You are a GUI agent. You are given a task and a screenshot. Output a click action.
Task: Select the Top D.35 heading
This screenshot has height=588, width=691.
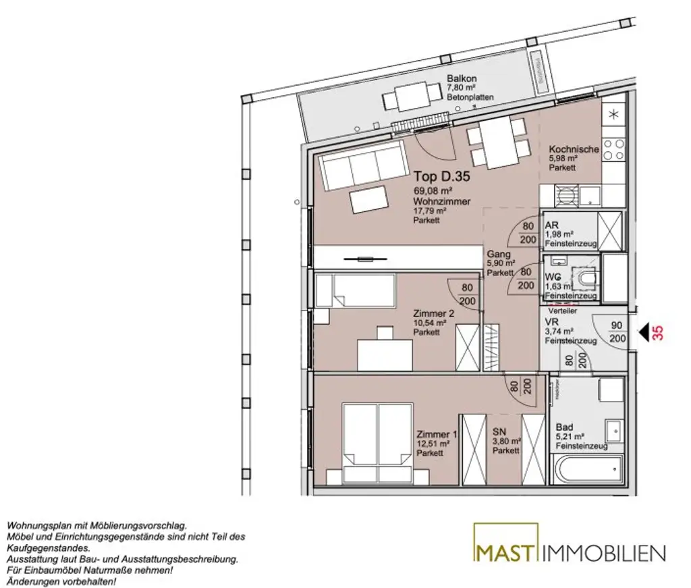(441, 178)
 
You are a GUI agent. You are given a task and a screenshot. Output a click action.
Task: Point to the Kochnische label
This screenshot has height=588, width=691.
(573, 149)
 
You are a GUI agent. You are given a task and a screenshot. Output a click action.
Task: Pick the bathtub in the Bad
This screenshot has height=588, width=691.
(586, 469)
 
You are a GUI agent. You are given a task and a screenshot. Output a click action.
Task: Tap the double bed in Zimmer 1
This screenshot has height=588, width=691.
(377, 442)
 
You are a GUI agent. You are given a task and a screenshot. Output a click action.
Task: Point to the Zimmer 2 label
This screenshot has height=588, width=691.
(433, 313)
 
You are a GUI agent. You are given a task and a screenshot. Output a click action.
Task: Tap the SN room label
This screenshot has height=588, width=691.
(499, 432)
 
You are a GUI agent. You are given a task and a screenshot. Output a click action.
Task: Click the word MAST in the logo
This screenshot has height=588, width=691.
(505, 553)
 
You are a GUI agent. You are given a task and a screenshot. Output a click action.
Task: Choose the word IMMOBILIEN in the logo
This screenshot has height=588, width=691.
(604, 554)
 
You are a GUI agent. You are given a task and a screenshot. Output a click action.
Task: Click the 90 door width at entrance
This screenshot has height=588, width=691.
(616, 325)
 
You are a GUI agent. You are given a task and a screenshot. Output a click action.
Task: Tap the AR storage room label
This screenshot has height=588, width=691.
(551, 225)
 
